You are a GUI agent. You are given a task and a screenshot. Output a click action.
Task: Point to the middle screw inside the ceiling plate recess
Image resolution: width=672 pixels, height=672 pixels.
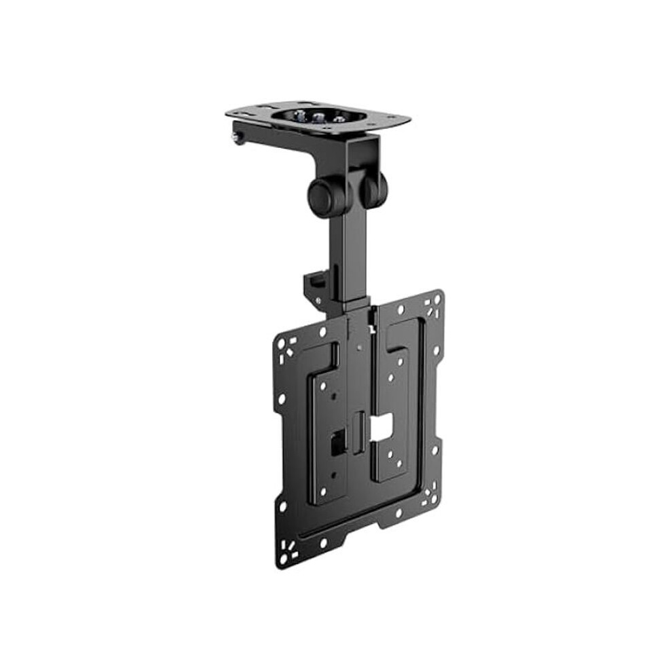[318, 116]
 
